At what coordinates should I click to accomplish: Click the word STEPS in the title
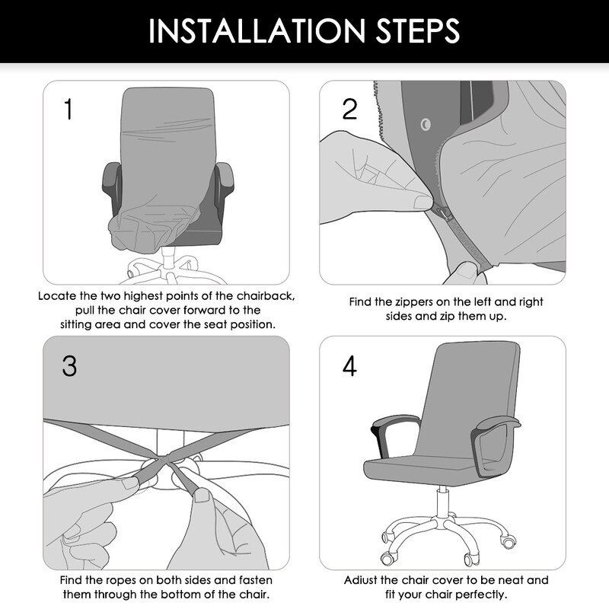point(411,32)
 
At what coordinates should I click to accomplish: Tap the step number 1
point(68,110)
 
